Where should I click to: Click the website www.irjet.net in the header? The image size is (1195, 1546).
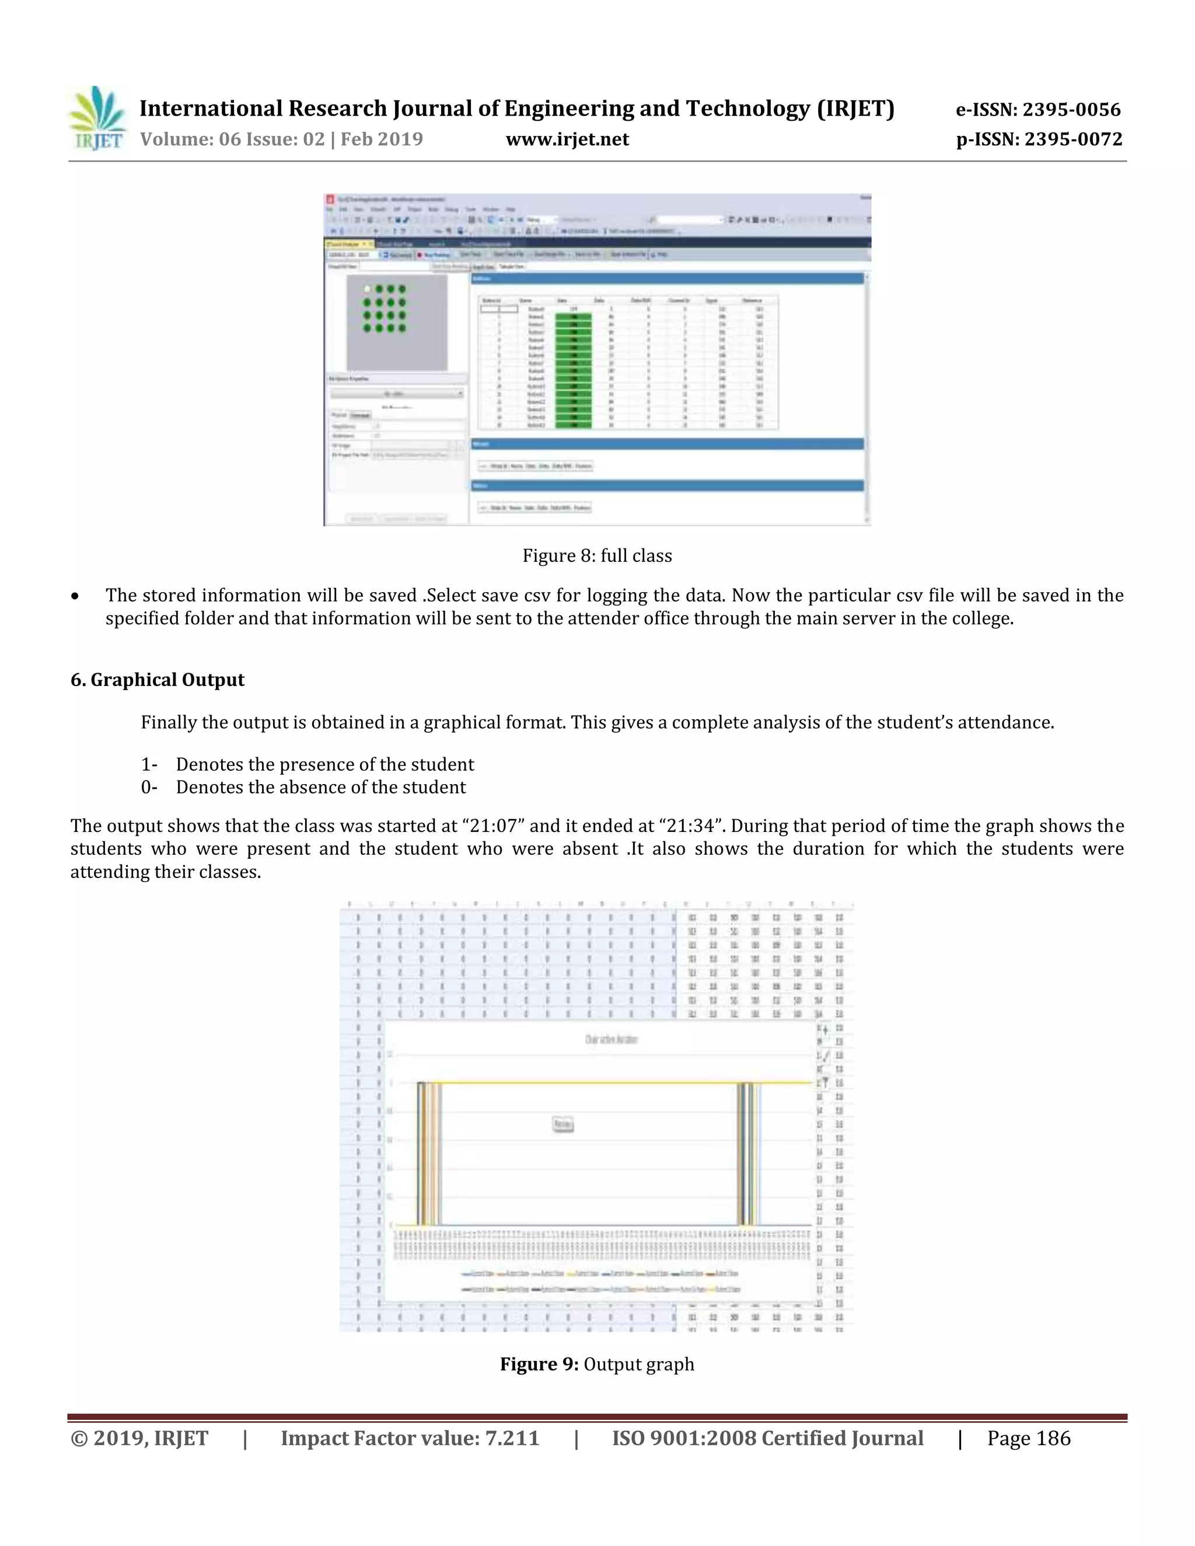(567, 139)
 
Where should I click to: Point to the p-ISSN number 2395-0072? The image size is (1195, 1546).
(1072, 139)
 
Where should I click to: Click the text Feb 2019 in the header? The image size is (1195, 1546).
(382, 139)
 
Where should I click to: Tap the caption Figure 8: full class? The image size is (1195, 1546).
(597, 555)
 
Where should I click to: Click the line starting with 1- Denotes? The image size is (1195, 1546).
(308, 764)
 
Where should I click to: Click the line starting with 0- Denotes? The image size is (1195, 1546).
(303, 787)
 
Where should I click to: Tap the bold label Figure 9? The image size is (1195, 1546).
(540, 1364)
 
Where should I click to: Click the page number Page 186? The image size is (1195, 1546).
(1028, 1439)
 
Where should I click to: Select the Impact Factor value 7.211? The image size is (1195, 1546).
(512, 1439)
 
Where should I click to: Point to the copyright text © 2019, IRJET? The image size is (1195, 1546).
(139, 1439)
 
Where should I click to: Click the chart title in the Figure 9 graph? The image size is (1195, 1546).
(611, 1039)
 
